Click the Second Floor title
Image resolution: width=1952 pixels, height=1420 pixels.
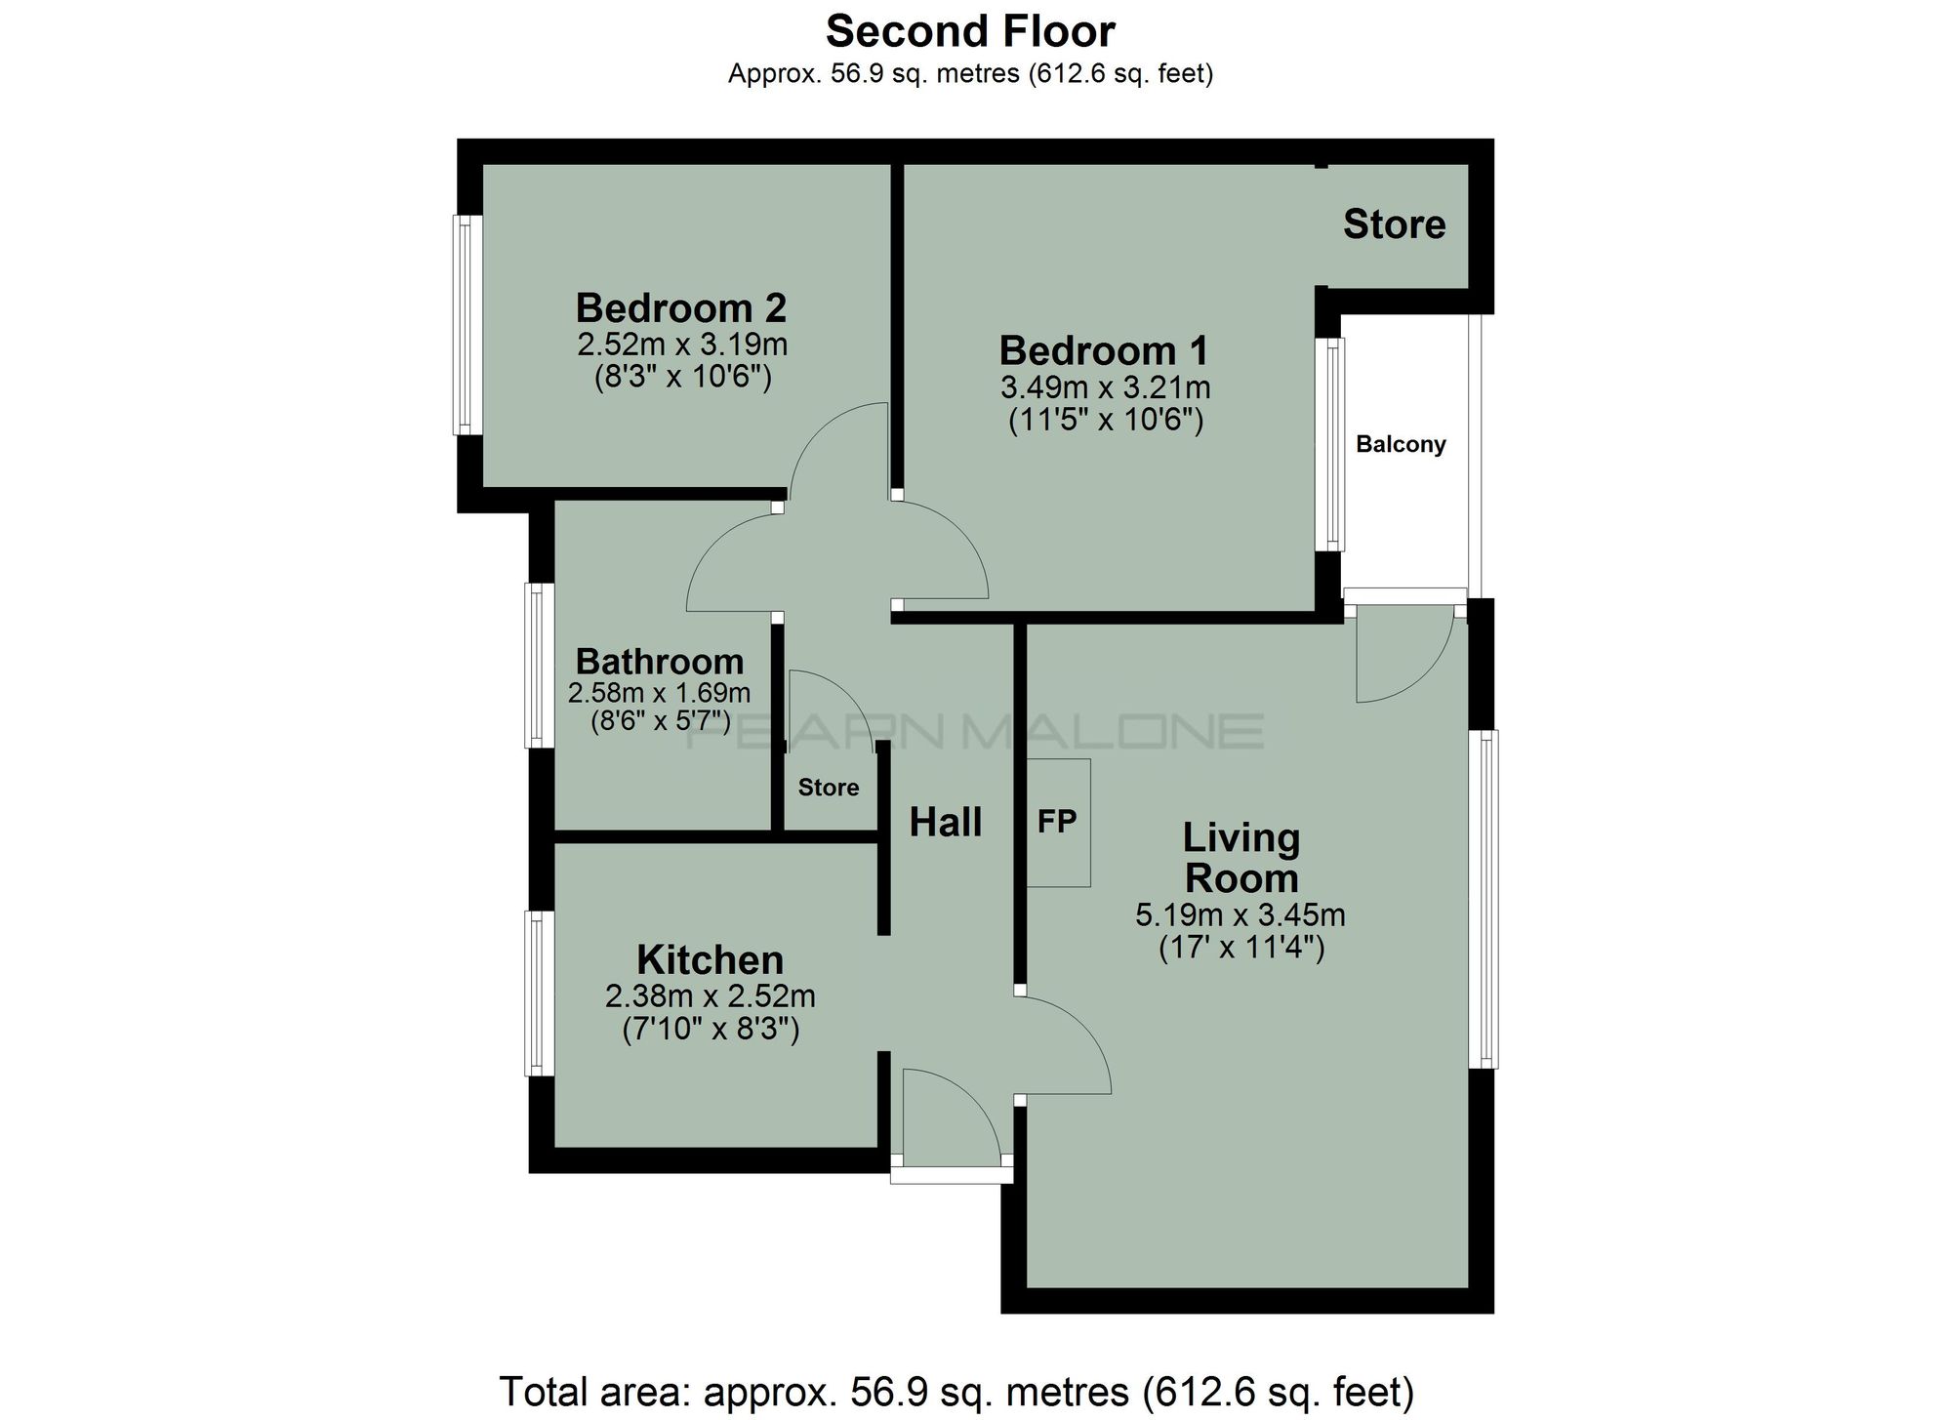(970, 32)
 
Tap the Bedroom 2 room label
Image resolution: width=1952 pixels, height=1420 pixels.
(680, 307)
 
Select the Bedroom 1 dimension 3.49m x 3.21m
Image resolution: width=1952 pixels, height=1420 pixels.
(1105, 387)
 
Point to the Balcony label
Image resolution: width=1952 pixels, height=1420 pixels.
(1401, 445)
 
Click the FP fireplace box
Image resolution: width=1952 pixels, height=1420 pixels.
(1058, 822)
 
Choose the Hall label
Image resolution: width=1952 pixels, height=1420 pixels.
(945, 823)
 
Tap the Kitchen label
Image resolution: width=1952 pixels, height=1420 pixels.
(710, 960)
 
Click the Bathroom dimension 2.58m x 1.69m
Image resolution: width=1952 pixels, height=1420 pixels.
(659, 694)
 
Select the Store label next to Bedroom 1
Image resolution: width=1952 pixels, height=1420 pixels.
(1394, 224)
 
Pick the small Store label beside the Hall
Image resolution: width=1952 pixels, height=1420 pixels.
(829, 788)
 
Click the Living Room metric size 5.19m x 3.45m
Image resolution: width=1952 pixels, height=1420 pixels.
(1240, 915)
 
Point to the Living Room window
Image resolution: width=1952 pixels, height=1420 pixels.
(1485, 899)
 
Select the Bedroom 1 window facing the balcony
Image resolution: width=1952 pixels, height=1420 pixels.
(1329, 445)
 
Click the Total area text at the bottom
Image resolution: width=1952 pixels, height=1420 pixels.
(956, 1391)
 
